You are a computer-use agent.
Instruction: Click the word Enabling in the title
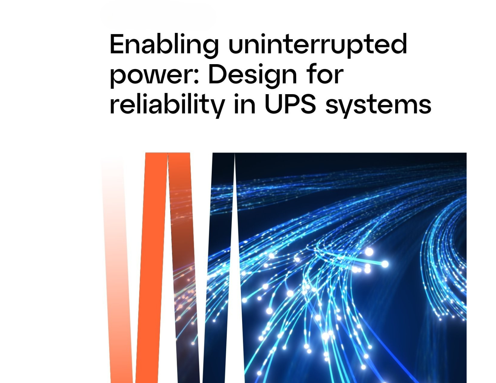click(x=164, y=45)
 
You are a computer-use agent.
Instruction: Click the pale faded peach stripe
click(x=116, y=272)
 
